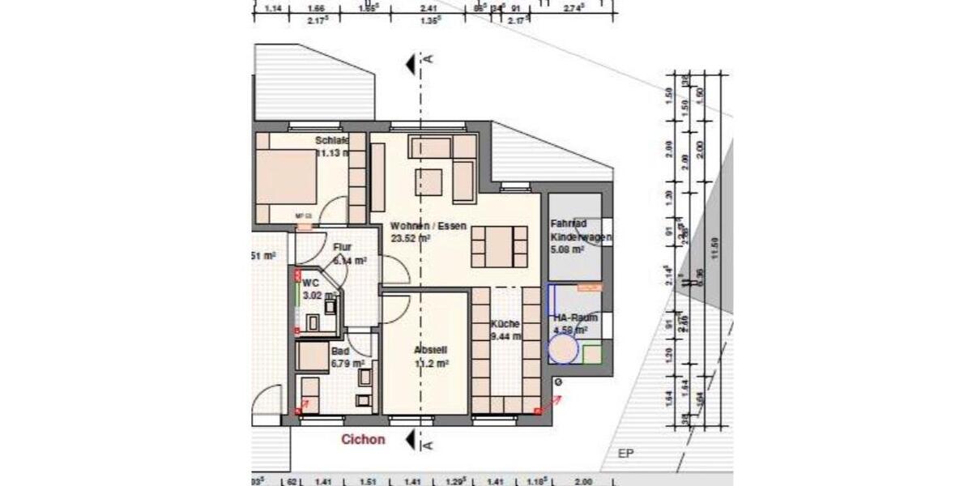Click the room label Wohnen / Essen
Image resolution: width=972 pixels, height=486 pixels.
click(x=428, y=226)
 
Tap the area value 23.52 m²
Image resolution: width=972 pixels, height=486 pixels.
click(x=410, y=239)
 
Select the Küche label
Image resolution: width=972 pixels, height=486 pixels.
click(x=505, y=323)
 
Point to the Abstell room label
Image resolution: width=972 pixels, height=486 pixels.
click(x=430, y=350)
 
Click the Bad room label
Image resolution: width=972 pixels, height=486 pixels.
click(x=340, y=351)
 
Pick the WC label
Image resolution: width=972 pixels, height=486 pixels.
click(x=311, y=283)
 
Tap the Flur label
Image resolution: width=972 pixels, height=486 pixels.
click(x=343, y=248)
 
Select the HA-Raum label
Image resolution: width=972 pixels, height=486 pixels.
click(x=574, y=318)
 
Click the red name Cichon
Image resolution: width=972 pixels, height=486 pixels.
click(x=362, y=440)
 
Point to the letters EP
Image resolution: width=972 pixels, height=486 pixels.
click(x=625, y=454)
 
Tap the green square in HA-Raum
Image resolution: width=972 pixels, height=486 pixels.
click(x=593, y=355)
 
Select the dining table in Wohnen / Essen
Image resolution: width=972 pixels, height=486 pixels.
click(x=499, y=246)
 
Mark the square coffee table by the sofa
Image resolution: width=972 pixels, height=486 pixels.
click(x=430, y=181)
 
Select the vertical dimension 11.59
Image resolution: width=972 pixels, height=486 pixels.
click(x=714, y=243)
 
